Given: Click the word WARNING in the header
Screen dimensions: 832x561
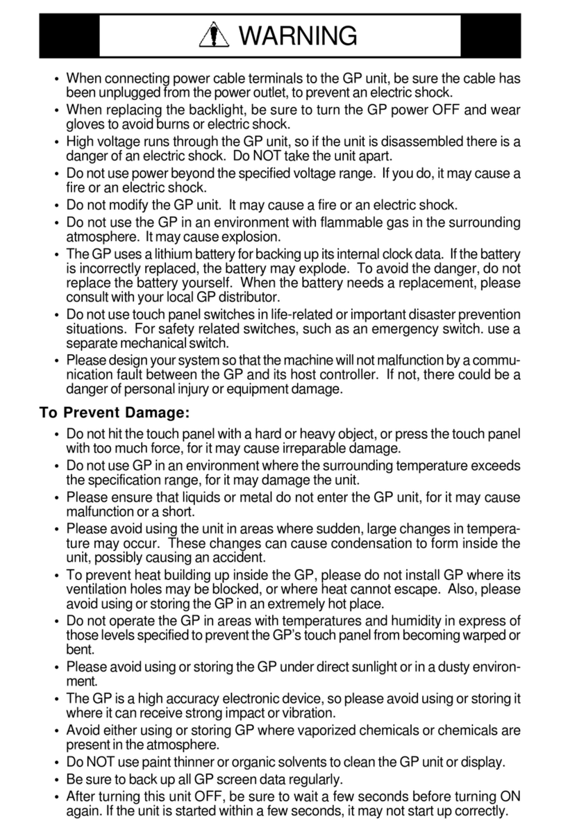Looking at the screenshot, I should [300, 34].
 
